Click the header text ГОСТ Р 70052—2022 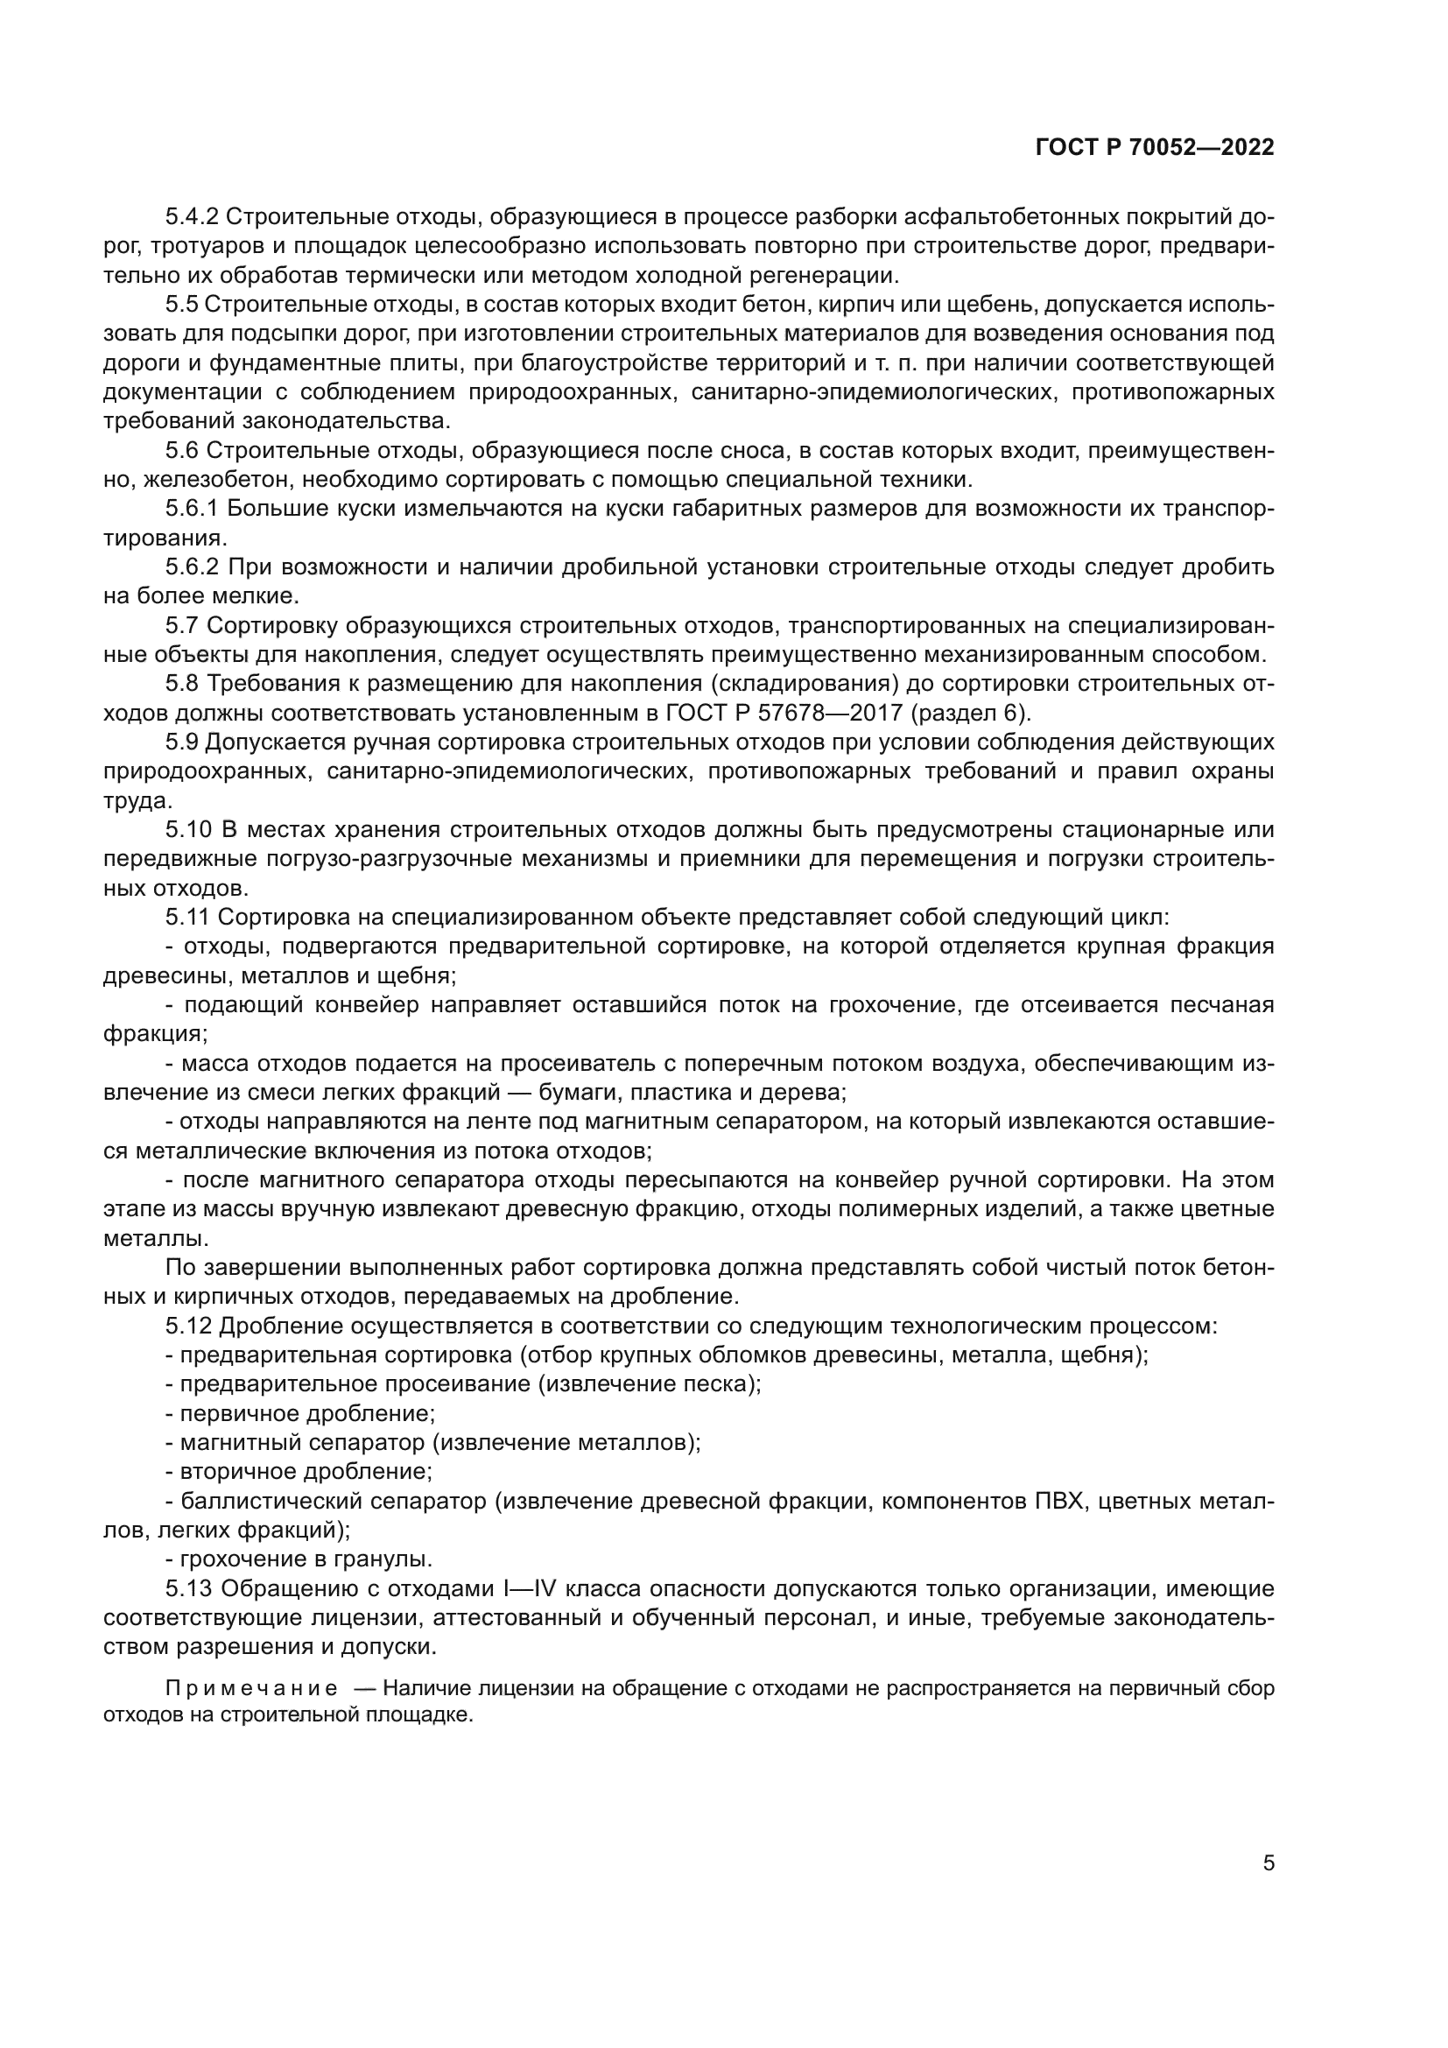tap(1155, 148)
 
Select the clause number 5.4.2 tap(192, 217)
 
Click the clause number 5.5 tap(181, 304)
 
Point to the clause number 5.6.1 tap(192, 509)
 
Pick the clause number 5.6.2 tap(192, 567)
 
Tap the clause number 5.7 tap(181, 625)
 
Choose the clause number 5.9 tap(181, 742)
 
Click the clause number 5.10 tap(186, 829)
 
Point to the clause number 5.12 tap(187, 1326)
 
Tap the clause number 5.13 tap(187, 1588)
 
